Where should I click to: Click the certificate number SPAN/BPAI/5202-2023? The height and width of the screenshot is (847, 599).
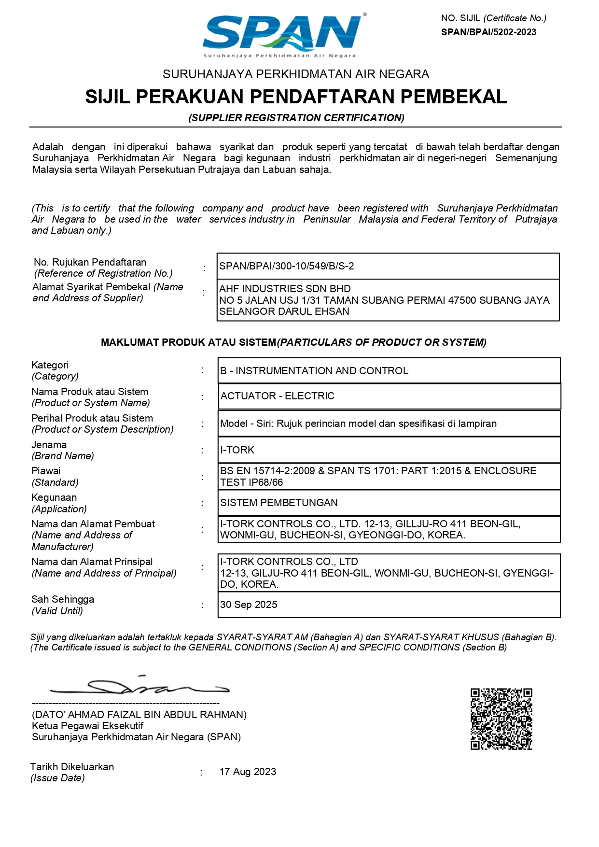(488, 32)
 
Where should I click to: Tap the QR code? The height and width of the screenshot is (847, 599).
(501, 719)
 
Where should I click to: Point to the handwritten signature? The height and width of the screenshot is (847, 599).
(140, 686)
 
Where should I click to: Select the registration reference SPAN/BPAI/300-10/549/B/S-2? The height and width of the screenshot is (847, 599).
(287, 266)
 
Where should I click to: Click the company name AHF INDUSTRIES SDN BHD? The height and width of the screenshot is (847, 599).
(285, 289)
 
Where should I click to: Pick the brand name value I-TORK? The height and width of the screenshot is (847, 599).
(237, 450)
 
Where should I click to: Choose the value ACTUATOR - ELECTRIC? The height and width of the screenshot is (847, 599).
(277, 396)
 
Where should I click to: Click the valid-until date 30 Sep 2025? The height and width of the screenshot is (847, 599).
(249, 605)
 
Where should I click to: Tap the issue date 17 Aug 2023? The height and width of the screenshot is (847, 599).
(248, 772)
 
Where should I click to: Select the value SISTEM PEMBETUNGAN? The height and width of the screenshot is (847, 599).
(279, 503)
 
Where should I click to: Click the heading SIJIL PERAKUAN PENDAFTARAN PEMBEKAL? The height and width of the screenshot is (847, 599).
(296, 97)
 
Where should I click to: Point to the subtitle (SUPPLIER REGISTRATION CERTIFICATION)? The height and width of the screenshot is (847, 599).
(296, 118)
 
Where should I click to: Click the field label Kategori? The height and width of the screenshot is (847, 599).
(50, 365)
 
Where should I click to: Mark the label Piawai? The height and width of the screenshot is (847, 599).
(46, 471)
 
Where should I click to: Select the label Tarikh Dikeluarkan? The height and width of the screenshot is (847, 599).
(72, 767)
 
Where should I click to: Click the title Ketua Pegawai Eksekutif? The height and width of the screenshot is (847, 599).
(87, 726)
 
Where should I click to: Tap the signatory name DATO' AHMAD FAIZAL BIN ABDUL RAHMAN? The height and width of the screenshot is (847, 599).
(139, 715)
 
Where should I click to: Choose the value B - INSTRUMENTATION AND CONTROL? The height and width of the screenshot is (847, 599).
(314, 371)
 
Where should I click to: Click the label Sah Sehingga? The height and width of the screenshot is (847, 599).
(63, 599)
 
